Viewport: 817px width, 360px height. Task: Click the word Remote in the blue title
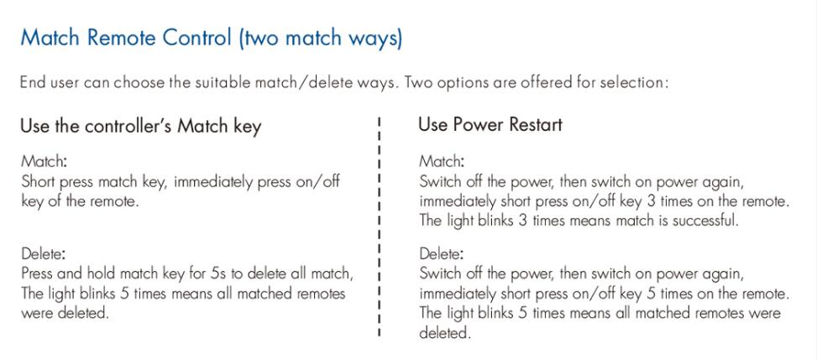pyautogui.click(x=122, y=38)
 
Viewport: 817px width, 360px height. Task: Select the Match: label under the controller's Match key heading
pyautogui.click(x=44, y=161)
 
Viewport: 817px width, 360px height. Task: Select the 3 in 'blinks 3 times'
pyautogui.click(x=523, y=221)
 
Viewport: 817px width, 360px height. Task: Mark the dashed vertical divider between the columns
pyautogui.click(x=380, y=227)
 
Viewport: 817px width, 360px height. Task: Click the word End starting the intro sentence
pyautogui.click(x=32, y=82)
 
